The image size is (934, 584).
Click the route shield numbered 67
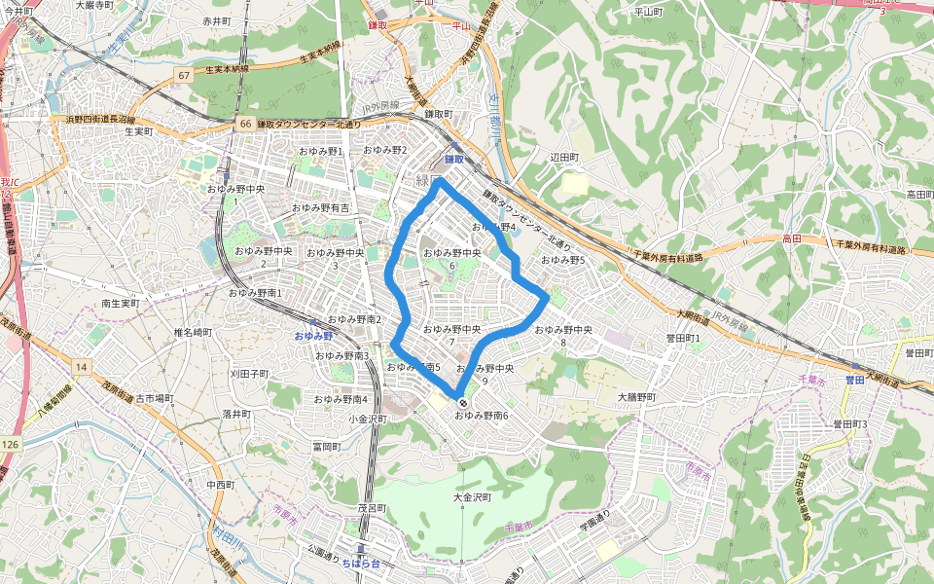coord(183,75)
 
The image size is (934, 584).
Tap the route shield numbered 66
coord(245,124)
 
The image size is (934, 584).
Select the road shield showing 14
coord(81,366)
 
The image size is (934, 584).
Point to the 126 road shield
coord(10,445)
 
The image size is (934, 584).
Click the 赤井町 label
coord(217,20)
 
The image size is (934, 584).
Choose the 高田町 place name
coord(919,195)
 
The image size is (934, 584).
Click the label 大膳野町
coord(637,398)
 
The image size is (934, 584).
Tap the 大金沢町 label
coord(472,497)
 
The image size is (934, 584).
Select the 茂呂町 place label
coord(372,508)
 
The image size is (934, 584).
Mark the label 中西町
coord(221,484)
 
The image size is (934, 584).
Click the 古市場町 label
coord(154,398)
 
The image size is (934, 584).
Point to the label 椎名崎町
coord(193,333)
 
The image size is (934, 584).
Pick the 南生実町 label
coord(121,304)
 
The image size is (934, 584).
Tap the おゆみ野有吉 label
coord(321,208)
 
